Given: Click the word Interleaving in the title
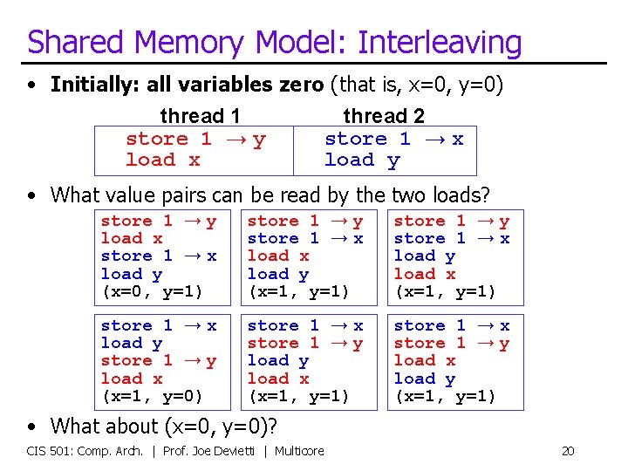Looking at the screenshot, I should click(x=440, y=42).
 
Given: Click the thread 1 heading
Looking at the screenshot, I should click(x=200, y=116).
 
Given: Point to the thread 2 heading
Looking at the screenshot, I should click(x=383, y=116).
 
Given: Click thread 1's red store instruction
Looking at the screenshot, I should click(x=195, y=139).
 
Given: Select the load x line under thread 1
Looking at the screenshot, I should click(x=162, y=160).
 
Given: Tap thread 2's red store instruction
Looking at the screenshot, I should click(x=393, y=139).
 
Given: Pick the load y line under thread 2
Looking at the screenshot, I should click(x=361, y=160).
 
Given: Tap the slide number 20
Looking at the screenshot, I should click(x=567, y=451).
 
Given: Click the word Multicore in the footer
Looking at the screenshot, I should click(x=301, y=451).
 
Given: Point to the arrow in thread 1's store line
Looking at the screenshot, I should click(x=232, y=139).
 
